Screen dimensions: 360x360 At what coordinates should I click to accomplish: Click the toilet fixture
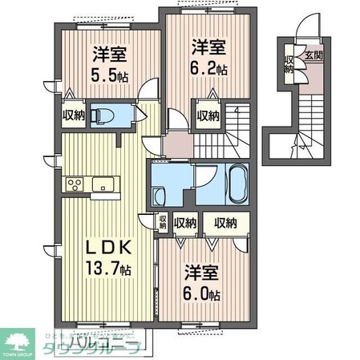click(x=100, y=115)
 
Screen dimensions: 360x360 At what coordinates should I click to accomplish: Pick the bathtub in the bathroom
click(x=234, y=182)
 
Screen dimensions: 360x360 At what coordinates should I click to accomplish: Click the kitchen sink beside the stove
click(x=103, y=185)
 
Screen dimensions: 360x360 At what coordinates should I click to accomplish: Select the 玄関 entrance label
click(x=313, y=57)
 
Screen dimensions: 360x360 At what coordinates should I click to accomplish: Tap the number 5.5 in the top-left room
click(x=107, y=76)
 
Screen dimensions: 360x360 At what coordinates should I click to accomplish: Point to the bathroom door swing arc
click(x=204, y=178)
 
